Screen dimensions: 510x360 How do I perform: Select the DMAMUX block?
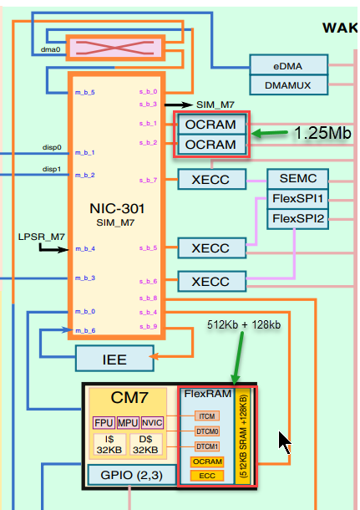click(x=288, y=84)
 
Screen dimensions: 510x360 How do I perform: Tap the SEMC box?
click(x=298, y=178)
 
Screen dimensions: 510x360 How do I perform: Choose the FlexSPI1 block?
click(x=298, y=199)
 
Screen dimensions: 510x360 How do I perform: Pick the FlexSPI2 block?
click(x=298, y=219)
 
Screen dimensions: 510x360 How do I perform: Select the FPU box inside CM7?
click(x=102, y=422)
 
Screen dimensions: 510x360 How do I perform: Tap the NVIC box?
click(x=153, y=422)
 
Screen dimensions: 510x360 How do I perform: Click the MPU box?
click(x=128, y=422)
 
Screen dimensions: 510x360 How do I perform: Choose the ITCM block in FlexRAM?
click(x=207, y=416)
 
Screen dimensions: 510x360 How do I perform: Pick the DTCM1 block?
click(x=207, y=446)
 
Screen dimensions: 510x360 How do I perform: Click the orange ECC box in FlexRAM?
click(x=207, y=476)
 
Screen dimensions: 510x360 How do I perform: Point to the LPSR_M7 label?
click(x=42, y=237)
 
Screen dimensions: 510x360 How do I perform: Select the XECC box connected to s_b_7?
click(x=213, y=178)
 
